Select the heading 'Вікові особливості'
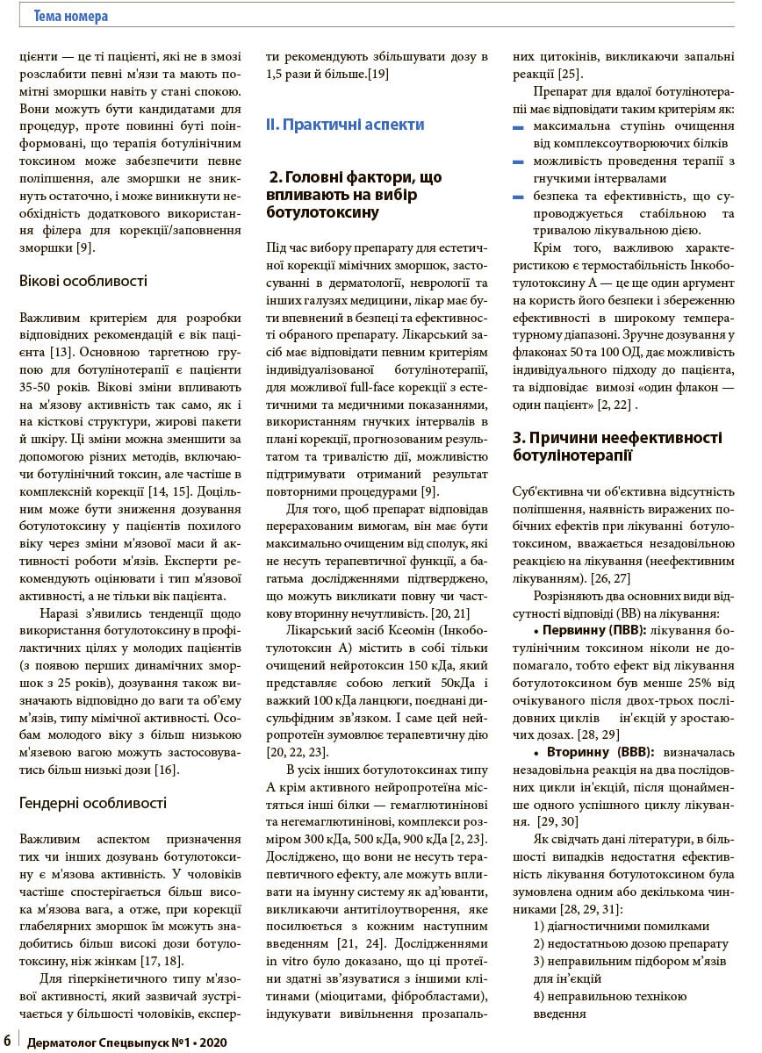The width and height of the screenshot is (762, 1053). click(x=83, y=281)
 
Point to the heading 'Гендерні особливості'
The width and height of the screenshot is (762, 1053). click(x=93, y=802)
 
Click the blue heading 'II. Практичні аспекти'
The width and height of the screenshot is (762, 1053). click(x=345, y=125)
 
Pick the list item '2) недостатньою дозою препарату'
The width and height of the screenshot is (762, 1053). click(x=630, y=943)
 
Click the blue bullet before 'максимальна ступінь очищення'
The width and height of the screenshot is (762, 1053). click(x=518, y=127)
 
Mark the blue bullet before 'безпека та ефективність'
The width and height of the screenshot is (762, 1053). click(x=518, y=197)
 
